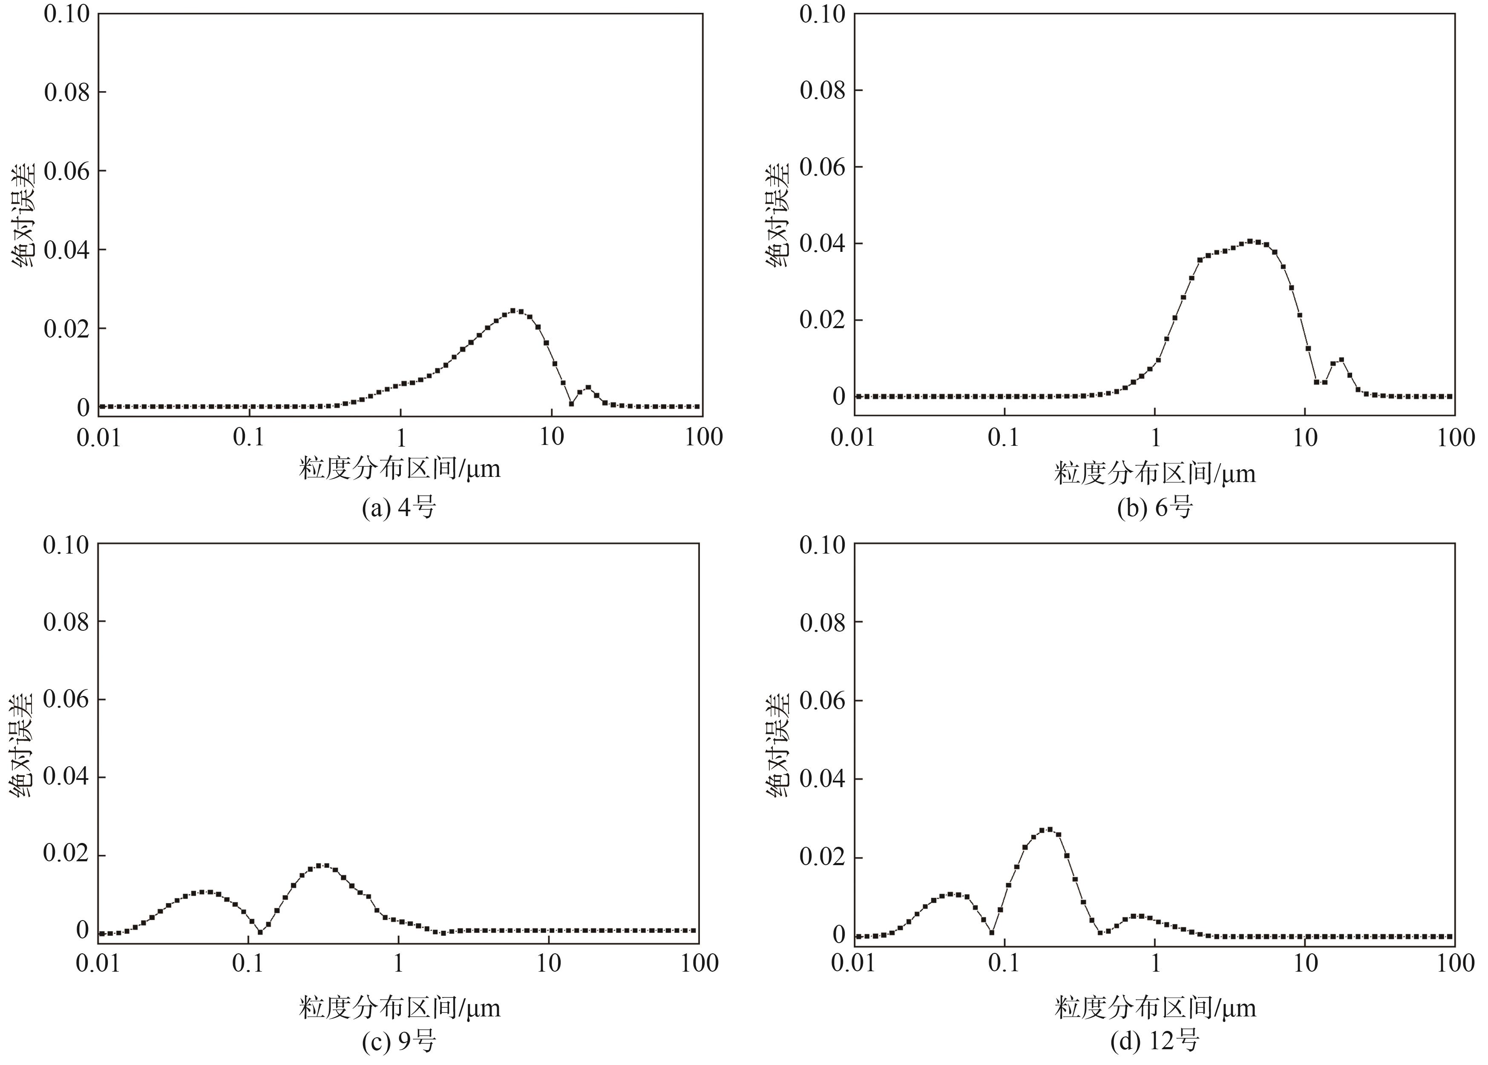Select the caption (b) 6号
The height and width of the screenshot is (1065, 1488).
[1154, 508]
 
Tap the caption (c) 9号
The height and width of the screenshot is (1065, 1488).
[399, 1041]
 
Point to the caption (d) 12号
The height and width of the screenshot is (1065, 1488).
[1154, 1041]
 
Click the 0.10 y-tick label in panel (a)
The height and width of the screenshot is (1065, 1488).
[66, 14]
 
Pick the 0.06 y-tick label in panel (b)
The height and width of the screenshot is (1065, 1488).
[822, 167]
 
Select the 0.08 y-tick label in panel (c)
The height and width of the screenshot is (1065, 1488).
[66, 621]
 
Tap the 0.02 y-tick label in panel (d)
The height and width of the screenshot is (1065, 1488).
[822, 857]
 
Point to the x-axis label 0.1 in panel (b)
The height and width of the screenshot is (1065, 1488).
[1004, 437]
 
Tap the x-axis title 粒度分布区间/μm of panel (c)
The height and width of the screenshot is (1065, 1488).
[399, 1007]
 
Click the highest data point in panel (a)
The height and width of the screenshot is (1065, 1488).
[513, 310]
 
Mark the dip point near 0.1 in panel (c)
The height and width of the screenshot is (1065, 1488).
[260, 931]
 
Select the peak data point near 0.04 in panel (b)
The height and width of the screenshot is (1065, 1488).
[1250, 241]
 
